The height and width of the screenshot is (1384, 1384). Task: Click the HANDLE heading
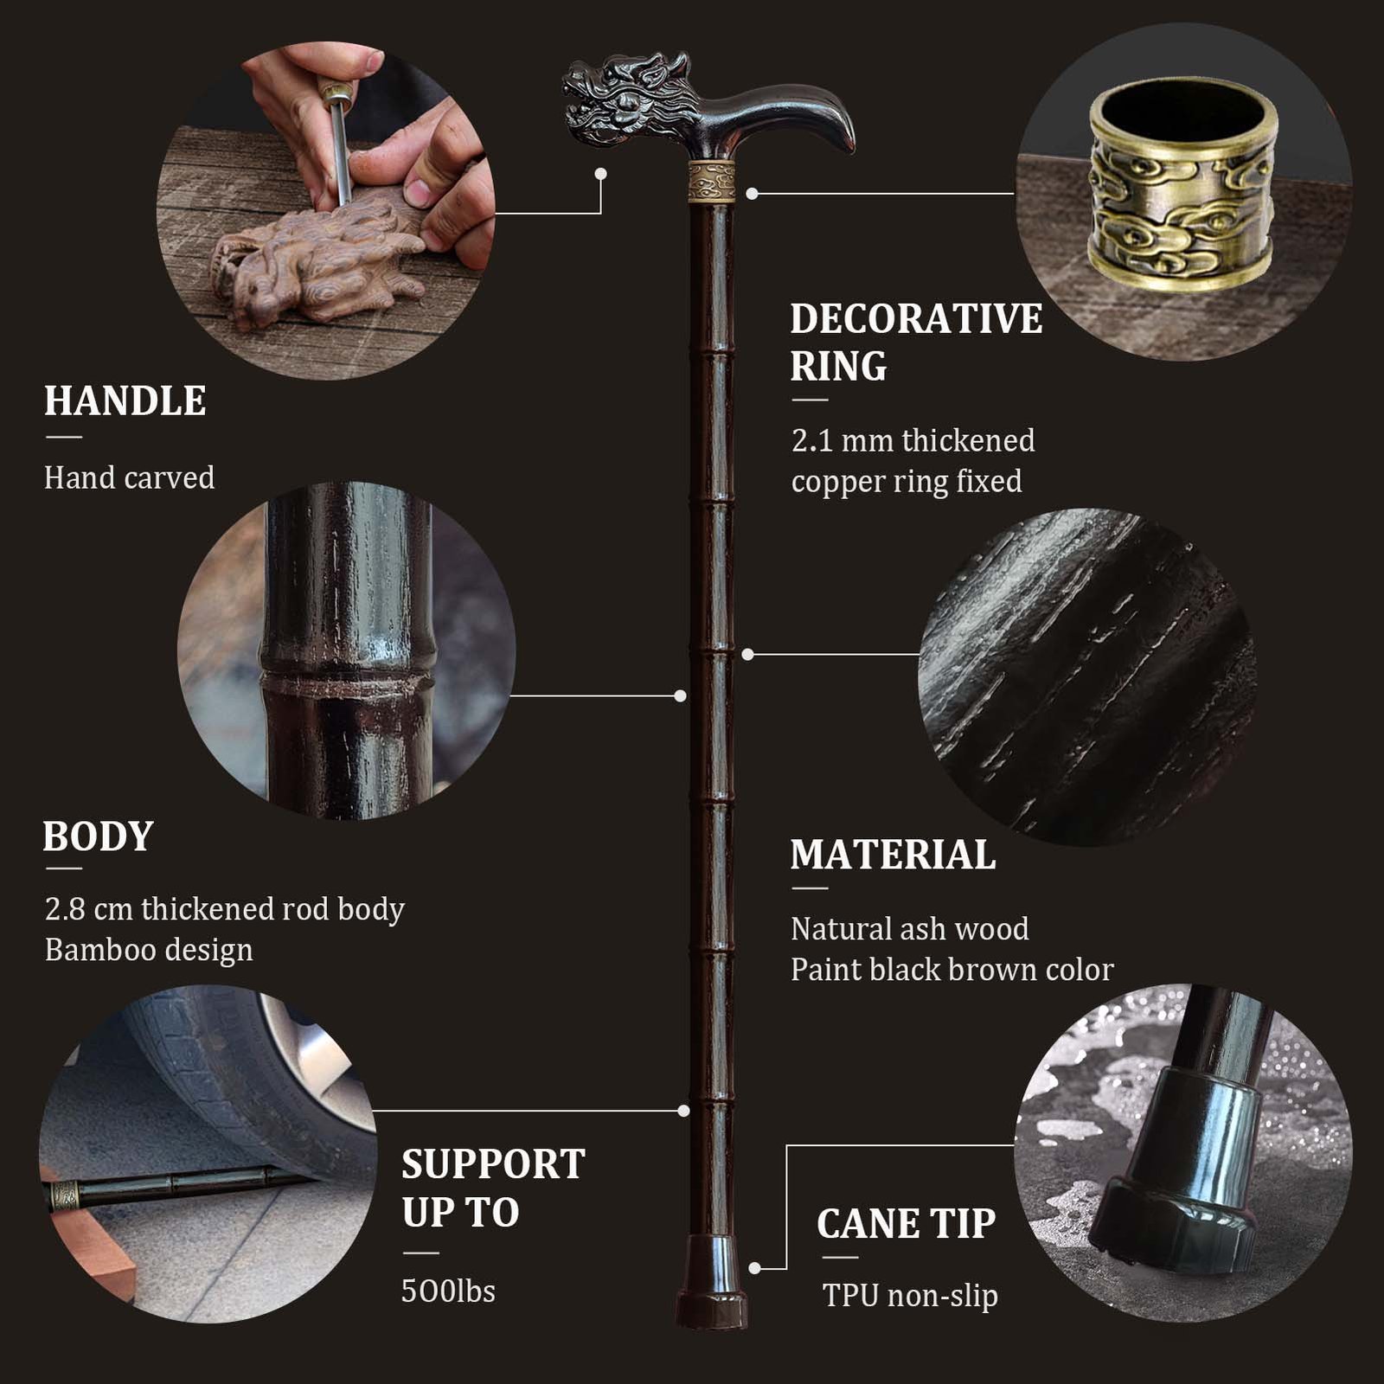coord(125,401)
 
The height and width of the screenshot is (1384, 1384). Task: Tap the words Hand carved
coord(129,477)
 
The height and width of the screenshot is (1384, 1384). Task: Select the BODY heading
coord(98,836)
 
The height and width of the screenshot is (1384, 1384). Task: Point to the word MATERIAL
coord(893,855)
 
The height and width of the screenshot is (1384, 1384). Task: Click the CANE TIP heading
coord(906,1224)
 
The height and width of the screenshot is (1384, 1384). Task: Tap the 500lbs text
coord(448,1291)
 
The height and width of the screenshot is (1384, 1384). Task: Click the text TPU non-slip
coord(910,1296)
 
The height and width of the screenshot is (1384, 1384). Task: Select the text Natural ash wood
coord(910,929)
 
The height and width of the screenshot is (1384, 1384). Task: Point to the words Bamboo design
coord(149,950)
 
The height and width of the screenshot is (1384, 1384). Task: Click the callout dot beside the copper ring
coord(753,194)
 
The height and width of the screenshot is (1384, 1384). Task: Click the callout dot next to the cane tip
coord(755,1268)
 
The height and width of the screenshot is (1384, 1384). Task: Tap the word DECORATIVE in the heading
coord(916,319)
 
